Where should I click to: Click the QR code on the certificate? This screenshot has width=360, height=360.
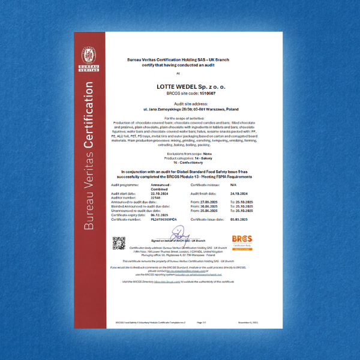(x=119, y=243)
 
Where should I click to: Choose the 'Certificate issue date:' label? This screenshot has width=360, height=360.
(x=208, y=219)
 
